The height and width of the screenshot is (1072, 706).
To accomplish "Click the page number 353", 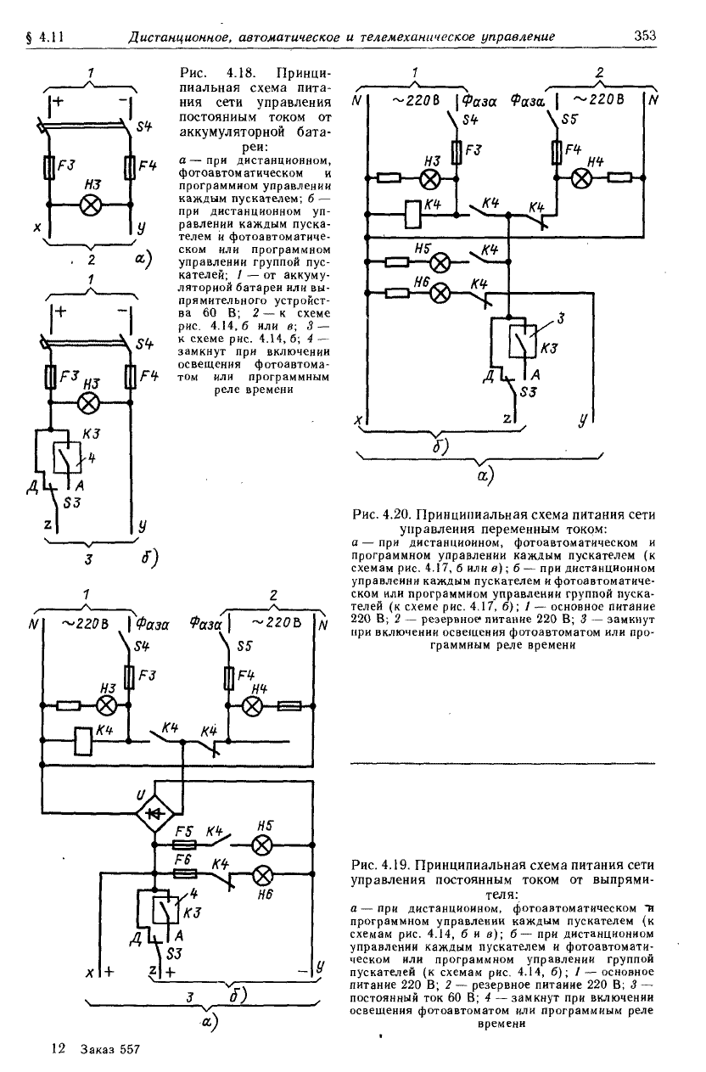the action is [x=645, y=36].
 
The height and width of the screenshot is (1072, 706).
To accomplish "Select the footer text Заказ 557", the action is [x=110, y=1049].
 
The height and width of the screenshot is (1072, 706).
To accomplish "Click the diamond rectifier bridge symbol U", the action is [x=154, y=812].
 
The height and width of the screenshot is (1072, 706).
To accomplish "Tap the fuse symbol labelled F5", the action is [x=184, y=845].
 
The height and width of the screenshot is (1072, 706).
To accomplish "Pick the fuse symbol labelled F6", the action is [x=184, y=873].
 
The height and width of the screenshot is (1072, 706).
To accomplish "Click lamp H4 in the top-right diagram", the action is [x=581, y=178].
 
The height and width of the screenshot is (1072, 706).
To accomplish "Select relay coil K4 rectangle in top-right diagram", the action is [x=413, y=214].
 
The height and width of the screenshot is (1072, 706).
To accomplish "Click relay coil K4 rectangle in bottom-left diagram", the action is [x=83, y=741].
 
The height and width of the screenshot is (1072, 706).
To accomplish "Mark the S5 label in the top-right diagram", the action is [x=569, y=119].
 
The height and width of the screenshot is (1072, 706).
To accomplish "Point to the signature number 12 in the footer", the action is [x=59, y=1048].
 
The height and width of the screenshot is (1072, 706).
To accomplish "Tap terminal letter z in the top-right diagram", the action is [x=507, y=418].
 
